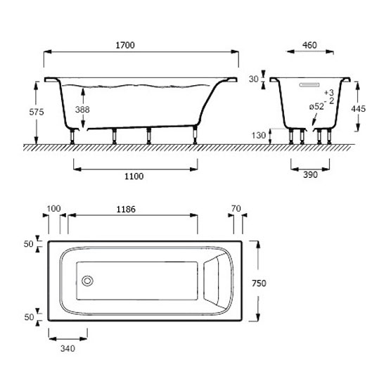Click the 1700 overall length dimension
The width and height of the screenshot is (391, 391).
tap(125, 45)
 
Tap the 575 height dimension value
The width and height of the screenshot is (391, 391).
tap(37, 112)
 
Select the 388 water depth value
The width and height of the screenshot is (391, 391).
tap(82, 110)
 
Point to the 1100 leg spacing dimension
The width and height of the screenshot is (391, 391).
tap(134, 177)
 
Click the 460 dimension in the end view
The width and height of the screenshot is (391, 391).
tap(309, 45)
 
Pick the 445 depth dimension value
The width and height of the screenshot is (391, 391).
tap(359, 109)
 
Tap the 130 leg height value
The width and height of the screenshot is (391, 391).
tap(259, 136)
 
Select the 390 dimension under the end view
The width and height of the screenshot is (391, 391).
tap(310, 175)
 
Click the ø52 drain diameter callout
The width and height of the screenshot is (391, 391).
tap(316, 107)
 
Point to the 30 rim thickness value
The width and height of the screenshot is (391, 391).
tap(254, 79)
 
